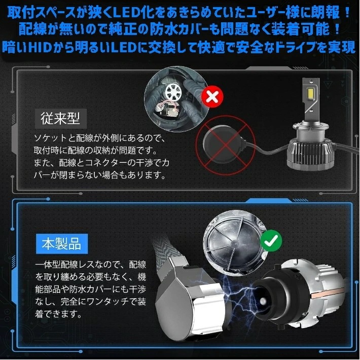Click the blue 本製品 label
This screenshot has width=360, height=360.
click(x=61, y=243)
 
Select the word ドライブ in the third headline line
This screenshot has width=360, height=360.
click(x=275, y=47)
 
